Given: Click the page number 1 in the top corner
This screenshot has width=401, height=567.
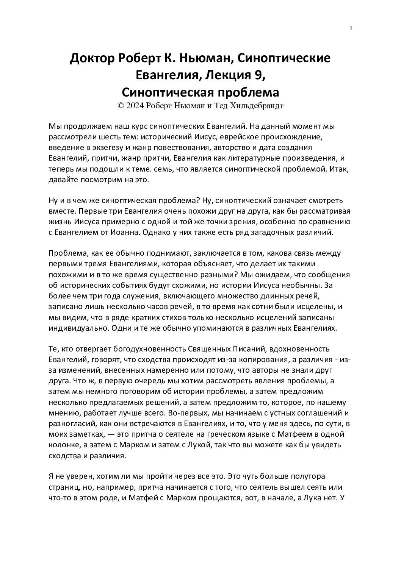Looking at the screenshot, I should [x=351, y=28].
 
